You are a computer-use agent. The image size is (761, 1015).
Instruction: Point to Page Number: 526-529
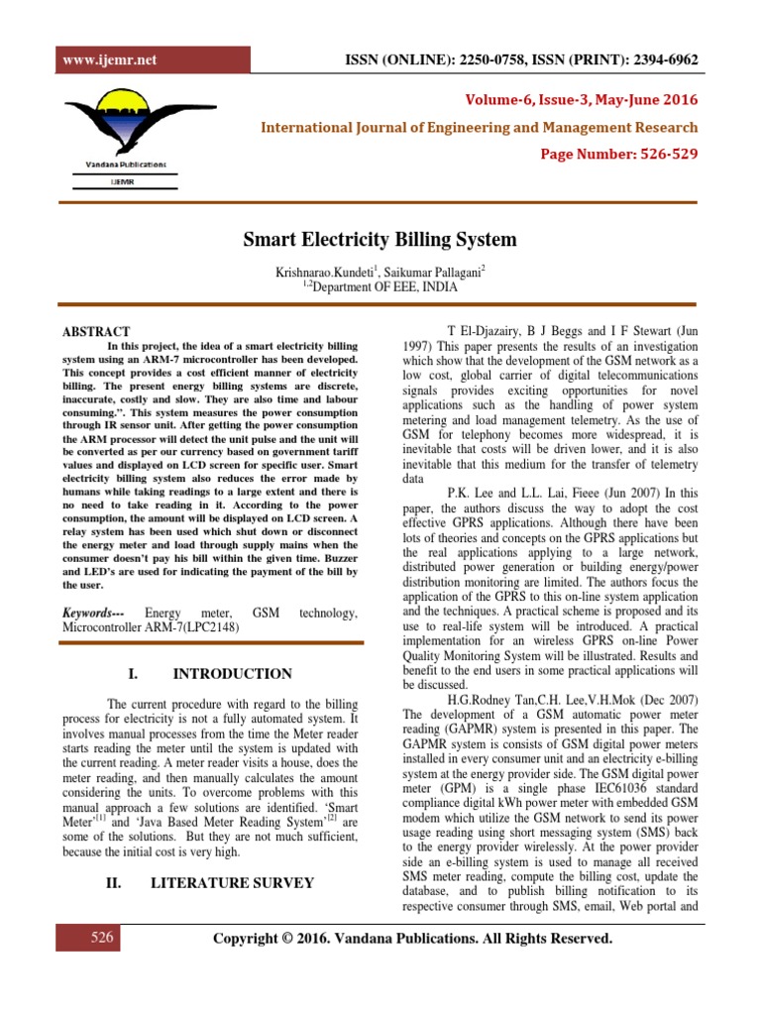618,156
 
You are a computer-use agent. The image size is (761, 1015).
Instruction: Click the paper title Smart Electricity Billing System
380,240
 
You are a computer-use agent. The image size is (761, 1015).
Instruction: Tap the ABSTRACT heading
96,331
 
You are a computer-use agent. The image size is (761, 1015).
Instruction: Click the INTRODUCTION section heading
233,674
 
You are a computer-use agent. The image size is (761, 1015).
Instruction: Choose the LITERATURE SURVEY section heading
245,883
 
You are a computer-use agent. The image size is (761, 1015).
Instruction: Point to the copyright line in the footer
413,939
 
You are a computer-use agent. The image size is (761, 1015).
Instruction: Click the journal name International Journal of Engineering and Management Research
479,128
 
